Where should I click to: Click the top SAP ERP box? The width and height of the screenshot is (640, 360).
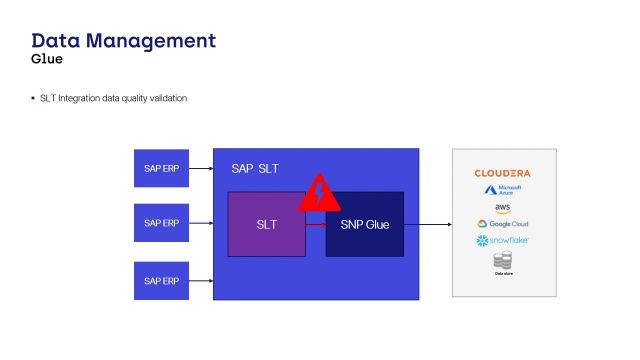pyautogui.click(x=161, y=167)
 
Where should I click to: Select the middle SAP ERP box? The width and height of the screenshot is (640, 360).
pyautogui.click(x=161, y=223)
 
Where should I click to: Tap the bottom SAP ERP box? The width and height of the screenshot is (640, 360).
pyautogui.click(x=161, y=280)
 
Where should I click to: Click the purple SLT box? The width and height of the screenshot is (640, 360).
pyautogui.click(x=266, y=225)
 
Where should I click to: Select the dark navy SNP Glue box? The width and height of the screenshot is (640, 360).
pyautogui.click(x=364, y=225)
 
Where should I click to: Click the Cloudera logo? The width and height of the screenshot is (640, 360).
pyautogui.click(x=503, y=173)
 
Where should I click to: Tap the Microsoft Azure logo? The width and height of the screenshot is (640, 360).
pyautogui.click(x=504, y=190)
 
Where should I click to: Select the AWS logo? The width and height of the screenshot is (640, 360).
pyautogui.click(x=503, y=207)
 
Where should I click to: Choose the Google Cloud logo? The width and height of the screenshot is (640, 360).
pyautogui.click(x=503, y=224)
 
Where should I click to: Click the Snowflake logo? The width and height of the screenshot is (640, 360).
pyautogui.click(x=503, y=241)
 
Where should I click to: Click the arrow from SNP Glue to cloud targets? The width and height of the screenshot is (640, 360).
pyautogui.click(x=427, y=225)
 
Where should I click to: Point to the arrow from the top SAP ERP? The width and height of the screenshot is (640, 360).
pyautogui.click(x=201, y=168)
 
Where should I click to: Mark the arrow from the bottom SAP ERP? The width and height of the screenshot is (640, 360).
pyautogui.click(x=201, y=281)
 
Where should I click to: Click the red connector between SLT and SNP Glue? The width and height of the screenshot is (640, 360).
pyautogui.click(x=315, y=225)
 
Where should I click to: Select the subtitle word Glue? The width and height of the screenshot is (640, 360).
pyautogui.click(x=47, y=59)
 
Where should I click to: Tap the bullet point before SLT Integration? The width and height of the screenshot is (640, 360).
pyautogui.click(x=33, y=98)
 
